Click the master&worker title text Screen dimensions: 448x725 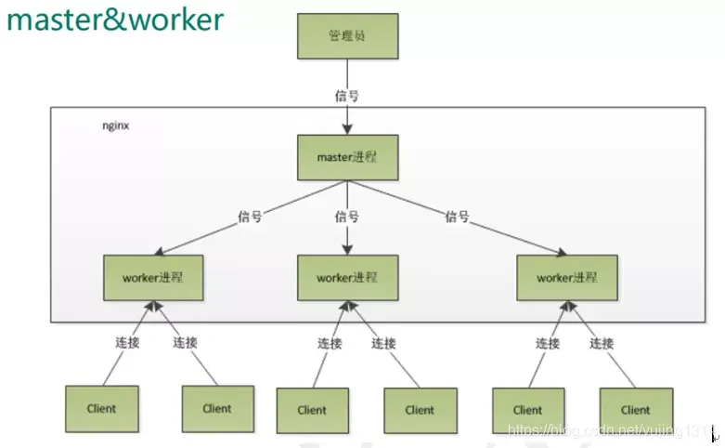[116, 20]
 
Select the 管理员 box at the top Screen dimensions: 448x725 [346, 36]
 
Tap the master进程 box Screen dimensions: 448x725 [346, 157]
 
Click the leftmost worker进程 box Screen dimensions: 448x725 [153, 277]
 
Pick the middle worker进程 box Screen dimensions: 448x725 [347, 277]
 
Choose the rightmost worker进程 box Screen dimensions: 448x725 [567, 277]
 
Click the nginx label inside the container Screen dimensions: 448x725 [115, 125]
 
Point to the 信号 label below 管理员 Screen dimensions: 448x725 [346, 95]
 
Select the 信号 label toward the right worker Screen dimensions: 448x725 [457, 217]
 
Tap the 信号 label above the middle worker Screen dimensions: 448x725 [346, 217]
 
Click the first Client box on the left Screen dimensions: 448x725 [101, 408]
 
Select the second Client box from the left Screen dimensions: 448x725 [217, 408]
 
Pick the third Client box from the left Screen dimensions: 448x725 [312, 410]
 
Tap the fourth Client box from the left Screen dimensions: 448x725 [420, 410]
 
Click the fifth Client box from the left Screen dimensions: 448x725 [527, 410]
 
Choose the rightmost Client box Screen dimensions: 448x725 [635, 410]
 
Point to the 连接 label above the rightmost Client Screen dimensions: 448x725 [602, 343]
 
